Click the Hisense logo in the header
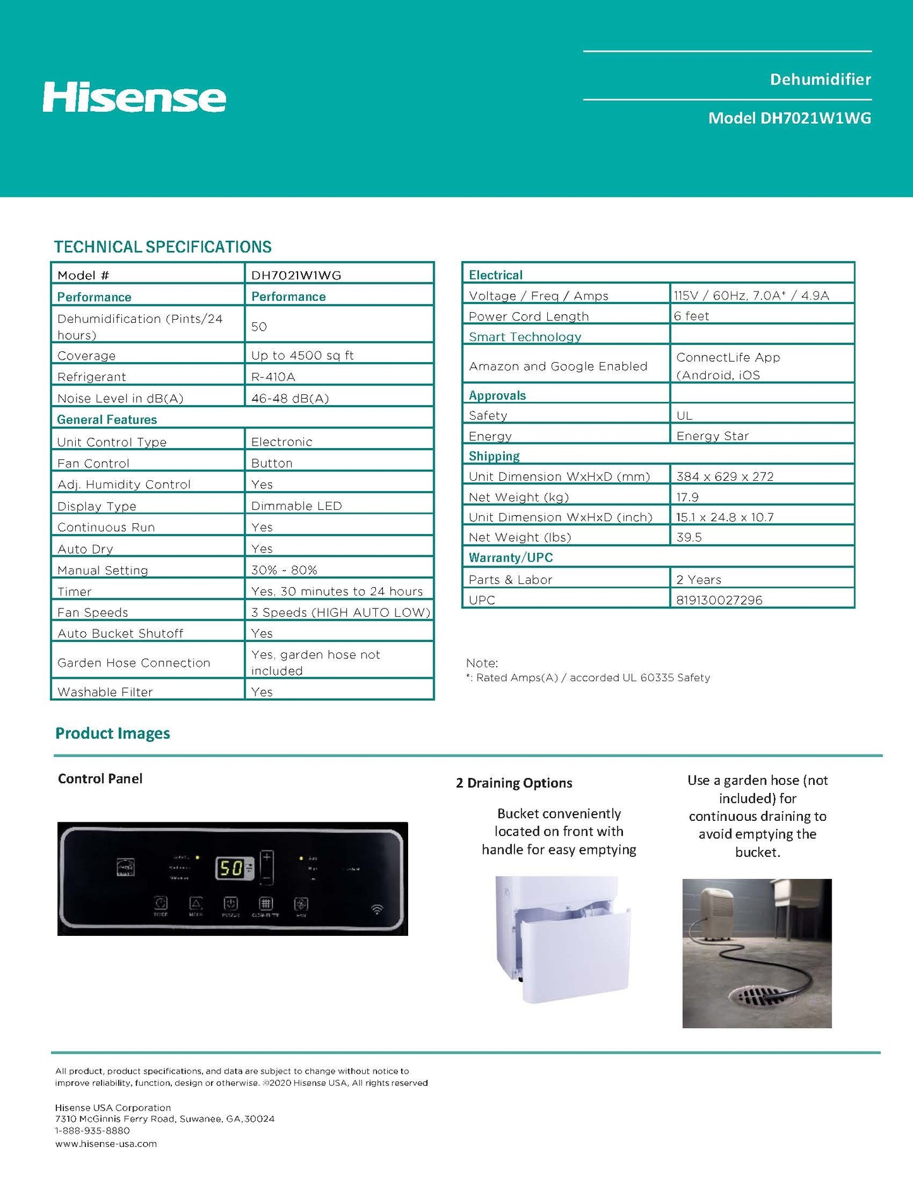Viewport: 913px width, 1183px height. tap(134, 97)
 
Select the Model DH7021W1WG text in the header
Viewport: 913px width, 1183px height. tap(789, 118)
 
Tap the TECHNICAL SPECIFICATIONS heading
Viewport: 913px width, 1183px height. tap(163, 246)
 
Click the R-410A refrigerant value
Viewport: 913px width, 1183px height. tap(273, 377)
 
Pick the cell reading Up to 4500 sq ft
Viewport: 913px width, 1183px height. tap(302, 355)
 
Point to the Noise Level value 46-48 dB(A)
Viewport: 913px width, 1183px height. tap(289, 398)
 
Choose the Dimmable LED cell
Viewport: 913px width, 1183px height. tap(296, 506)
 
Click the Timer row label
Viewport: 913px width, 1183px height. tap(75, 591)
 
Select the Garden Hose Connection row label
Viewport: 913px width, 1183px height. tap(133, 662)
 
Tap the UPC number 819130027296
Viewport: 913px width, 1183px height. tap(719, 600)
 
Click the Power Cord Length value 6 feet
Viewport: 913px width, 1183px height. tap(692, 316)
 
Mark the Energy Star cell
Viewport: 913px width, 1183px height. tap(712, 436)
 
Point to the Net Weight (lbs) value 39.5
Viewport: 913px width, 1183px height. tap(689, 537)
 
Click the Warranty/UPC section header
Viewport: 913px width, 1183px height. tap(511, 557)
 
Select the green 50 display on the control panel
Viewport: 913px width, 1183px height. tap(231, 868)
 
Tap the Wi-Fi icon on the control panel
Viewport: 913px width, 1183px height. tap(377, 909)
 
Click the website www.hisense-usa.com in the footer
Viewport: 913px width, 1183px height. tap(106, 1143)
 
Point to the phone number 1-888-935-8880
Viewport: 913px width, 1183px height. tap(92, 1131)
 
